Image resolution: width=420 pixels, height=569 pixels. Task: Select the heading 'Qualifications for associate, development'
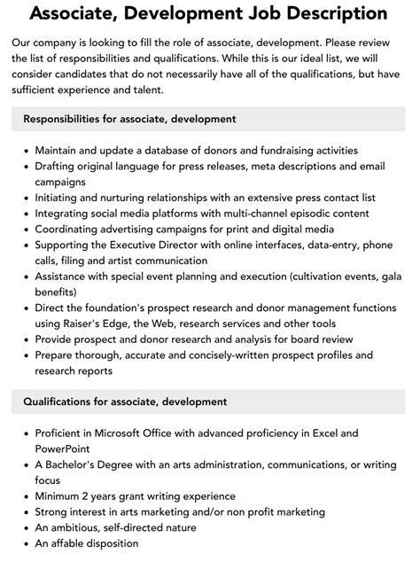[125, 401]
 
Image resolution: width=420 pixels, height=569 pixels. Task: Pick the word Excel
[322, 433]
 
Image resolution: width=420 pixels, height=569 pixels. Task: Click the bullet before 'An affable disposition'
[25, 544]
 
